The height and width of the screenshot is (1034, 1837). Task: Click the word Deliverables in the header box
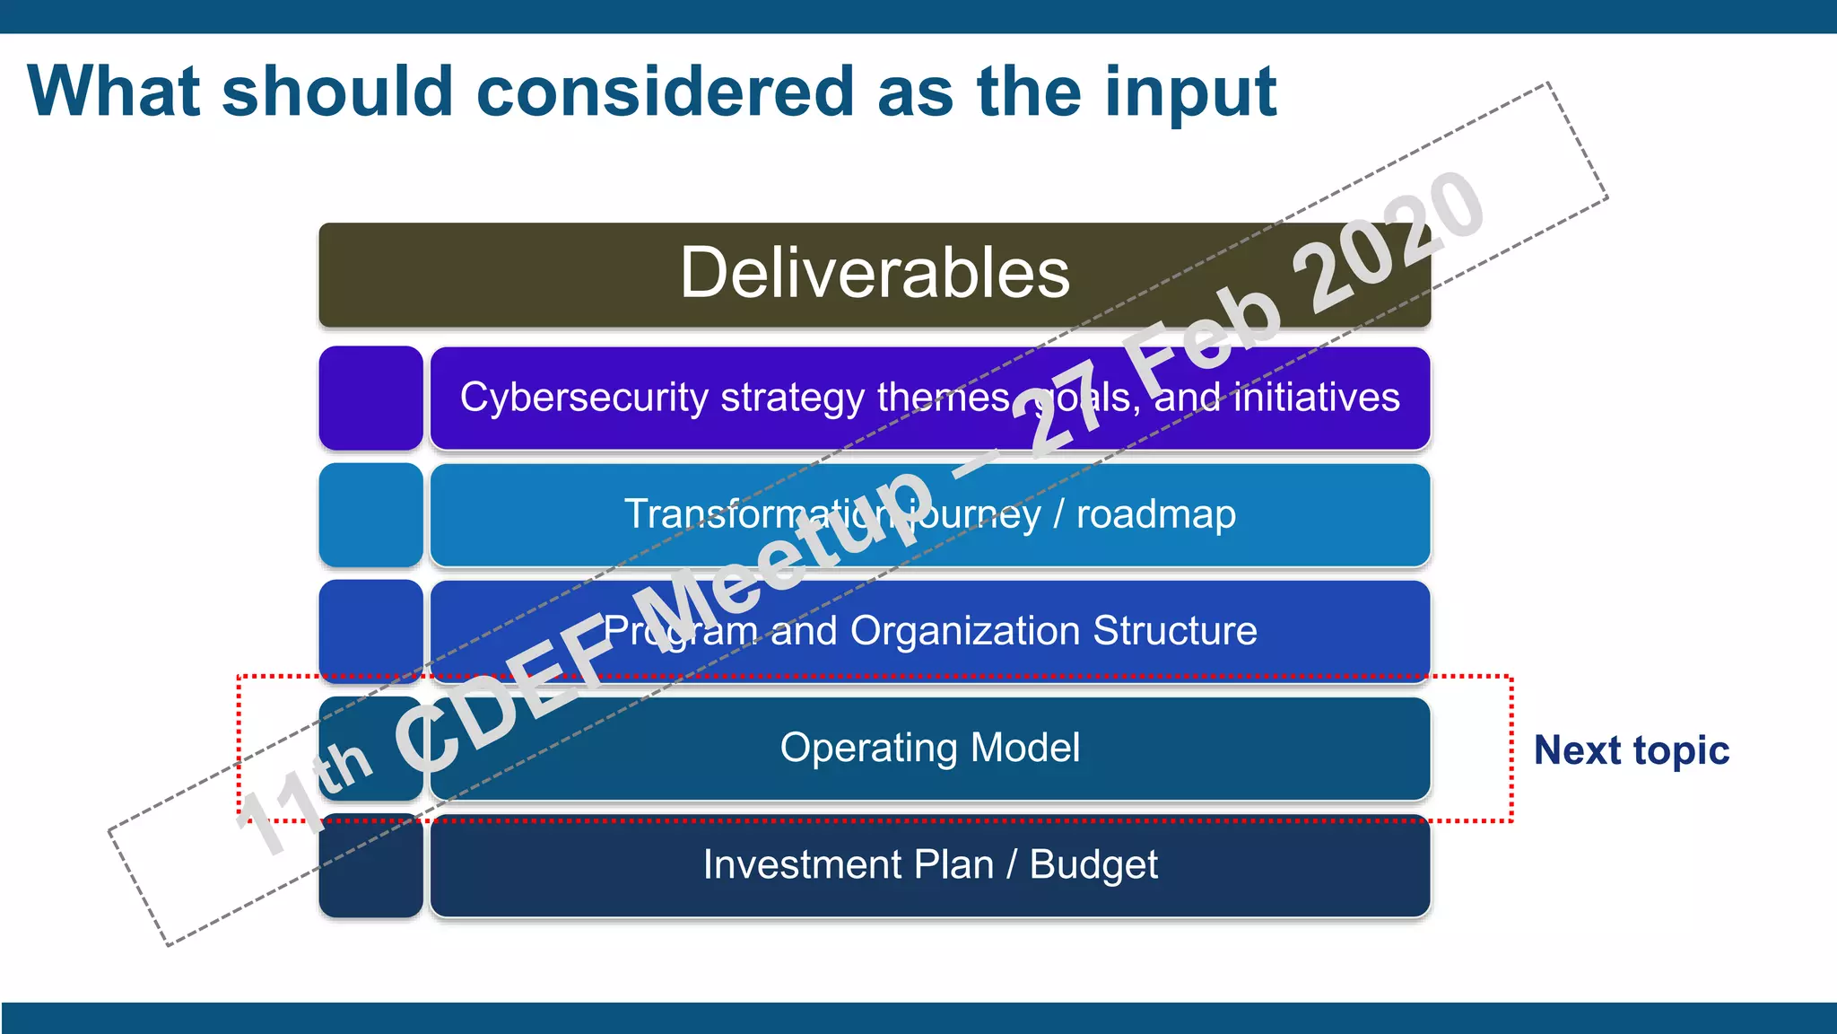[875, 273]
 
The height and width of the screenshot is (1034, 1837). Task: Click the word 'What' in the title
[114, 92]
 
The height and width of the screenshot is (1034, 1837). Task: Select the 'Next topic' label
[1631, 750]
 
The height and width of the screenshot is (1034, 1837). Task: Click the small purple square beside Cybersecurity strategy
[370, 398]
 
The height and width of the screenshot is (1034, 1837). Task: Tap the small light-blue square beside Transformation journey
[370, 514]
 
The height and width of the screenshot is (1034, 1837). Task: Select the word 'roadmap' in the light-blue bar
[1155, 514]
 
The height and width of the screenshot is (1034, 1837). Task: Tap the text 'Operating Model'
[929, 748]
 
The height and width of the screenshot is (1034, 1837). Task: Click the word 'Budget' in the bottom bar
[1093, 865]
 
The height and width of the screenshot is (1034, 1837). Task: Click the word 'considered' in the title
[665, 92]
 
